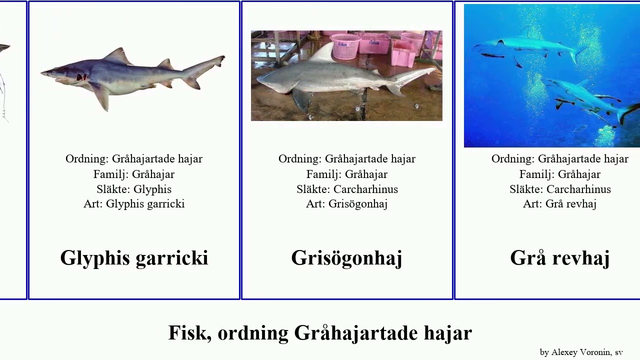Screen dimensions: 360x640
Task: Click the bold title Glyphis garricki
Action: (134, 258)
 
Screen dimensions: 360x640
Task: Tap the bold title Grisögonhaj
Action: (346, 258)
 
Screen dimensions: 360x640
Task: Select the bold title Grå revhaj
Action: (559, 258)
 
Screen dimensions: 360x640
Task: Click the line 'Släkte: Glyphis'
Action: (134, 189)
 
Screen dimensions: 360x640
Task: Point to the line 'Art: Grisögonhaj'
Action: (346, 203)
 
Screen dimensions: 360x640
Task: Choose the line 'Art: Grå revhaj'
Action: (559, 203)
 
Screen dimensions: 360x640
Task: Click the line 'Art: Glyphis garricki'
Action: (134, 203)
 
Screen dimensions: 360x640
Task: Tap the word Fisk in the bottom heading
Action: (187, 333)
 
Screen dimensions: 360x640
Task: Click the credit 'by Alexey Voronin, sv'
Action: (581, 352)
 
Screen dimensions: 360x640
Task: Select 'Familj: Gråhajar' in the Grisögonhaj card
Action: (346, 174)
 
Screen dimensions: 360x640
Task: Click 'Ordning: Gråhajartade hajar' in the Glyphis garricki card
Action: (134, 159)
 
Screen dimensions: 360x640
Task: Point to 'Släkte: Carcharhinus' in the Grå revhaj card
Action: (559, 189)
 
